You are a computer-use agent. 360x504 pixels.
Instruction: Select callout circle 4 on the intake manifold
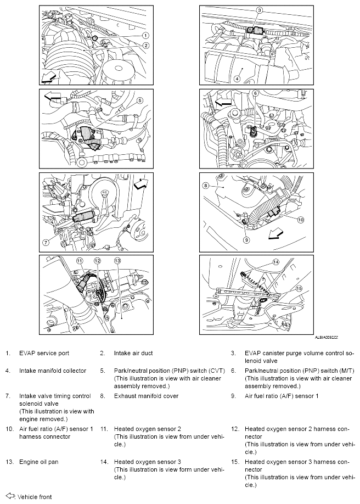(x=238, y=78)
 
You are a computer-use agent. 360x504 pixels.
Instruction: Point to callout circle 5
(x=140, y=100)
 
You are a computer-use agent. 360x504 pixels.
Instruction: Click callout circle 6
(x=255, y=94)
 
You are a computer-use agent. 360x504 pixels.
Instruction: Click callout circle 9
(x=246, y=239)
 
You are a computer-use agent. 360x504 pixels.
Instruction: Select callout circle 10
(x=300, y=220)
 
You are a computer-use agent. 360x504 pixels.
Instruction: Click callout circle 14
(x=275, y=261)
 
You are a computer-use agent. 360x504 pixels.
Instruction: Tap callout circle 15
(x=299, y=288)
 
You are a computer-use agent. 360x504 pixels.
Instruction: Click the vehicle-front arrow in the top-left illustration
(x=49, y=75)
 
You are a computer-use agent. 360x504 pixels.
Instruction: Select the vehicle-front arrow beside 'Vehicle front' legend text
(x=9, y=496)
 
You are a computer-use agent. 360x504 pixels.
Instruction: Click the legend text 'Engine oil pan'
(x=38, y=462)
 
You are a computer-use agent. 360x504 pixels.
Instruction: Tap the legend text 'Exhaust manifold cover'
(x=146, y=395)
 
